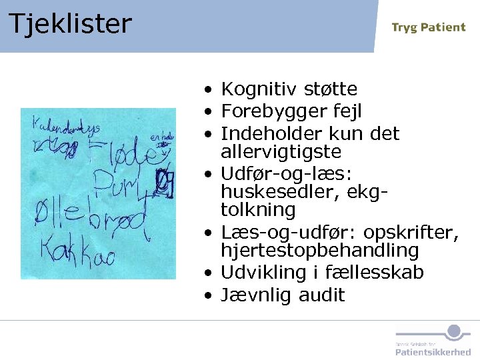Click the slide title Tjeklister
[70, 24]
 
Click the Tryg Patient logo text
[428, 27]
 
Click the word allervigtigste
[281, 152]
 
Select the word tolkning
[258, 210]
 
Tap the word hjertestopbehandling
[320, 251]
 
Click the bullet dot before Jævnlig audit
[209, 295]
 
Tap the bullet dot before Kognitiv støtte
[209, 89]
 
